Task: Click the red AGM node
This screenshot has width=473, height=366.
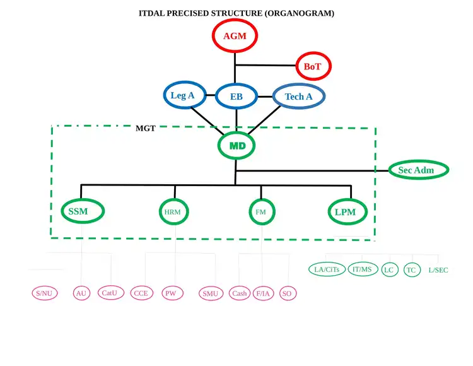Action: point(235,36)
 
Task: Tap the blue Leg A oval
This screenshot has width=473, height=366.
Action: point(183,96)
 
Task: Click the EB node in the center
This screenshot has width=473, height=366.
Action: point(236,97)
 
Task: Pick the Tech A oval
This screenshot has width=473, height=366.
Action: point(299,97)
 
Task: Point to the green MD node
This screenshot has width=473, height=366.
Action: point(237,146)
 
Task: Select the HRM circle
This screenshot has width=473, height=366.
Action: point(173,212)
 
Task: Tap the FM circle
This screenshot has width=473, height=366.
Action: point(260,212)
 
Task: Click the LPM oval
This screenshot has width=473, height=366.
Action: point(346,212)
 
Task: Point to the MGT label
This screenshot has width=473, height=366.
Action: point(145,128)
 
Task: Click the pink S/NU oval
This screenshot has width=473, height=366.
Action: point(45,293)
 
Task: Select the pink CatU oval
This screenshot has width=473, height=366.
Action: point(110,293)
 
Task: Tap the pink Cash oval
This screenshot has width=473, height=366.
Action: point(240,293)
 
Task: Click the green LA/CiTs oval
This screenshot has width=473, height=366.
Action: point(327,269)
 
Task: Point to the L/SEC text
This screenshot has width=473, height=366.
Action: point(438,270)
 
